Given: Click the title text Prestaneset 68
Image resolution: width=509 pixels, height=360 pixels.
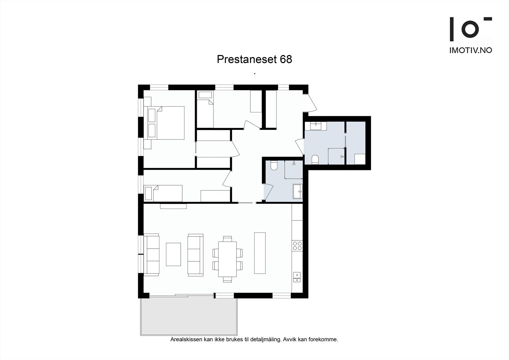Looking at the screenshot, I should pyautogui.click(x=254, y=60).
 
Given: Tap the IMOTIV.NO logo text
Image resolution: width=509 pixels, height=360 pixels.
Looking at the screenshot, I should pyautogui.click(x=471, y=50).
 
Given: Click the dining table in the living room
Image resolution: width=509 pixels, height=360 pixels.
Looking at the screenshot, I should pyautogui.click(x=227, y=259).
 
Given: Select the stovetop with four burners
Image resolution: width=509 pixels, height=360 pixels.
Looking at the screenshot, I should pyautogui.click(x=297, y=246).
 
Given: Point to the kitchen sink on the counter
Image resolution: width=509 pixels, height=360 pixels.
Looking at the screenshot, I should pyautogui.click(x=296, y=277).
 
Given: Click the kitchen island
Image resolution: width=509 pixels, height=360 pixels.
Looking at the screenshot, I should pyautogui.click(x=260, y=253).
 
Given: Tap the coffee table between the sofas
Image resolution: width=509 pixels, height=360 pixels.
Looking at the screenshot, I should pyautogui.click(x=173, y=254).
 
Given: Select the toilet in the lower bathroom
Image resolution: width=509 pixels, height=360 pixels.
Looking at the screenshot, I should pyautogui.click(x=274, y=165).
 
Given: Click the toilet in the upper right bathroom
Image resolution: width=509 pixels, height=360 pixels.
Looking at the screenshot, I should pyautogui.click(x=315, y=159).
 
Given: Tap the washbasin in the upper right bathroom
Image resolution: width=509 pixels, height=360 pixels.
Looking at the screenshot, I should pyautogui.click(x=316, y=126).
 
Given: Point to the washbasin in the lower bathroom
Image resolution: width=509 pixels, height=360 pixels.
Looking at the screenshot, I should pyautogui.click(x=298, y=191).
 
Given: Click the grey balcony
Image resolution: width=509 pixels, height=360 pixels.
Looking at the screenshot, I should pyautogui.click(x=189, y=316).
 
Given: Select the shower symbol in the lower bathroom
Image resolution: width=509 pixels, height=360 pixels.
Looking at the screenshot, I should pyautogui.click(x=294, y=164).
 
